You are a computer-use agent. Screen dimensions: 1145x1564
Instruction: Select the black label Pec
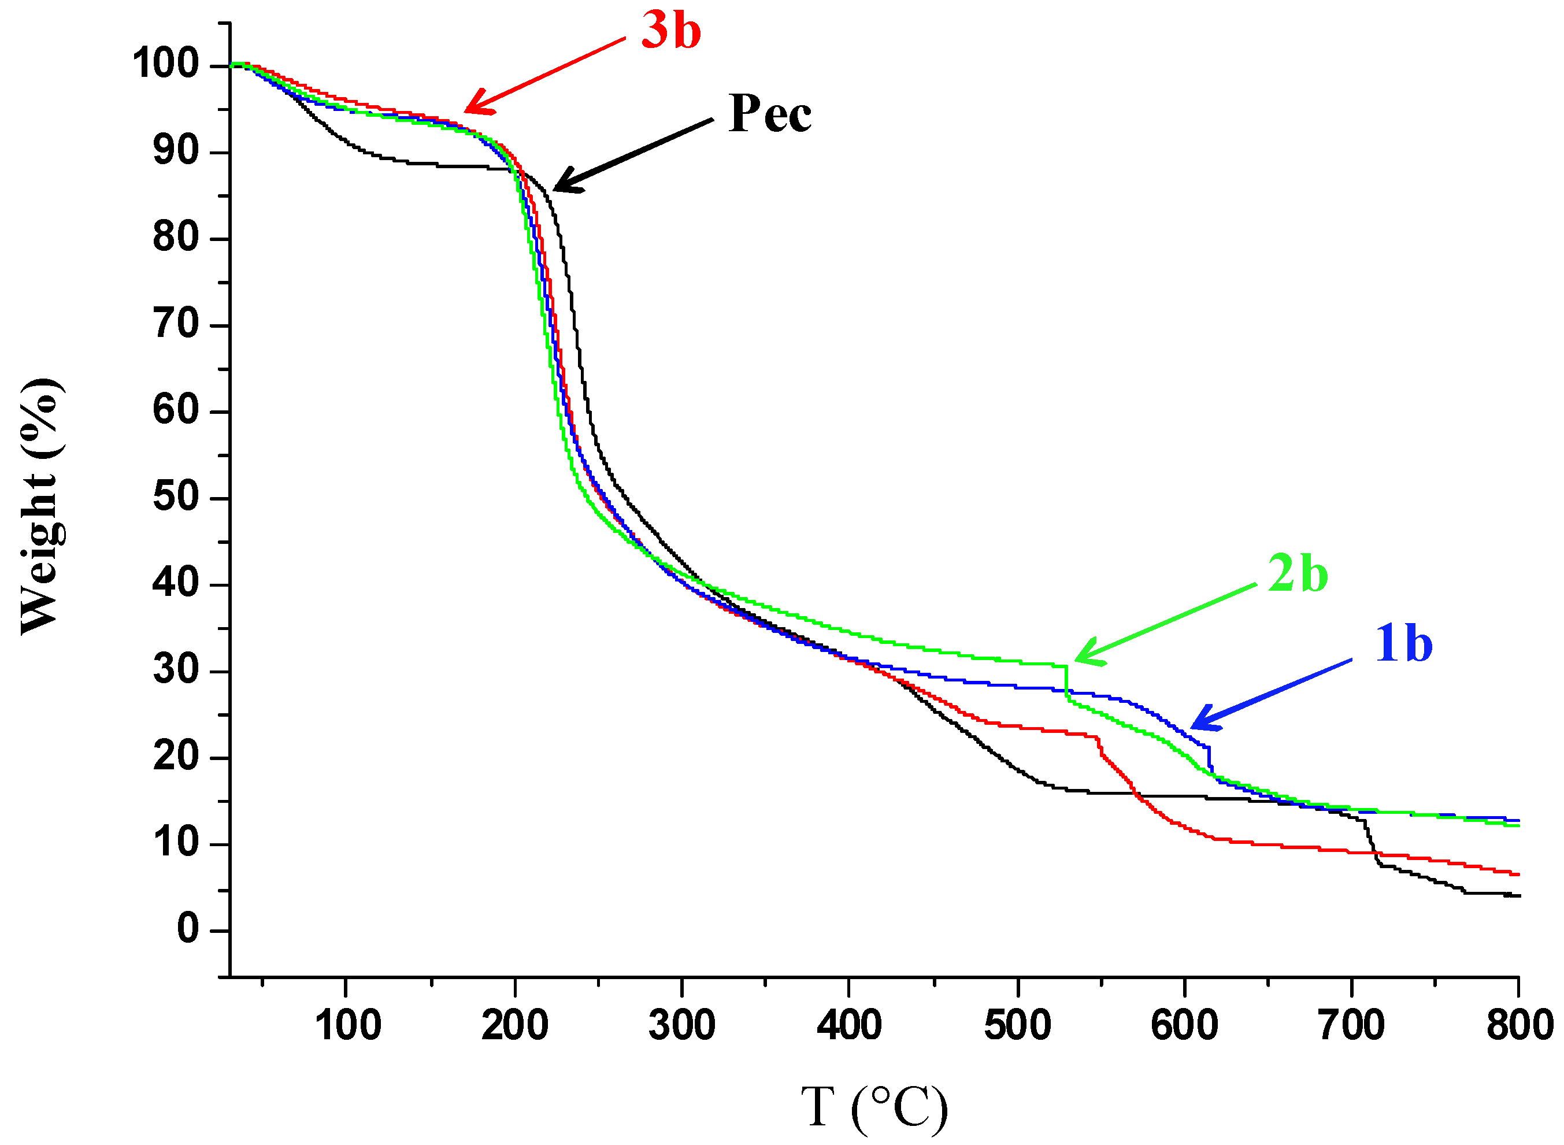(x=769, y=114)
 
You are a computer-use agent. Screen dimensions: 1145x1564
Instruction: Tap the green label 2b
(x=1297, y=574)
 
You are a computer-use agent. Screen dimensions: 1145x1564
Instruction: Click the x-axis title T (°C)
(x=874, y=1107)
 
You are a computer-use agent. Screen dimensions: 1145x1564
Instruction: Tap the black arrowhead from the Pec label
(x=563, y=185)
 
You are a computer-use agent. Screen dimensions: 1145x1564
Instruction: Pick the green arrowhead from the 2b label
(x=1084, y=657)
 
